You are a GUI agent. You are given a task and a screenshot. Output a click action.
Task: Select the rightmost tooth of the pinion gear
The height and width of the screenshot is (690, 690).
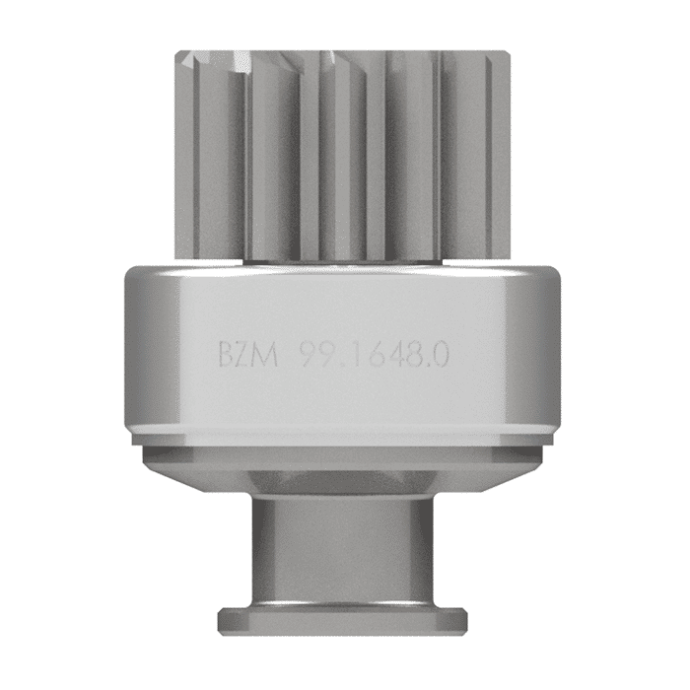click(499, 148)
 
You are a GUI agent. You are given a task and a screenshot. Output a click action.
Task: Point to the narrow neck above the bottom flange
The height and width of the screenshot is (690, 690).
click(341, 552)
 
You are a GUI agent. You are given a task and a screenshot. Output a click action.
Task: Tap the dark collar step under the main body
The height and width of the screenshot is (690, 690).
click(341, 455)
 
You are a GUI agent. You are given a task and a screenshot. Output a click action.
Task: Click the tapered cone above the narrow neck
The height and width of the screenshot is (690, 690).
click(341, 483)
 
